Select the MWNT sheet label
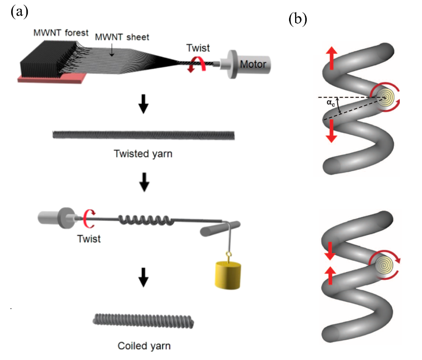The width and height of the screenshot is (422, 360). coord(122,37)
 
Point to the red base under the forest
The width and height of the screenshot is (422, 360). coord(42,80)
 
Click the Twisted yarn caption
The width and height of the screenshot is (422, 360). coord(144,154)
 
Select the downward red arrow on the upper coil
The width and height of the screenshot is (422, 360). coord(331,131)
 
